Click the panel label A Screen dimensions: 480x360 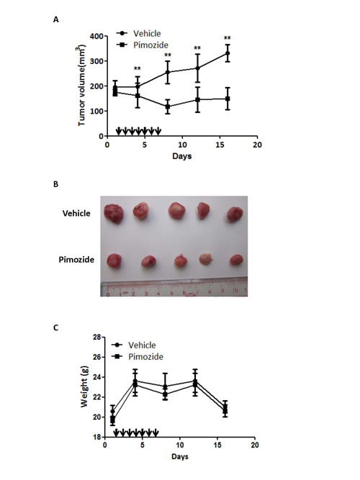coord(56,20)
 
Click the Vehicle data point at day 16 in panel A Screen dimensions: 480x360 coord(228,53)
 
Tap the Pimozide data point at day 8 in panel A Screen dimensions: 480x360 coord(167,107)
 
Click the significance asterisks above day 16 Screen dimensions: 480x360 coord(228,39)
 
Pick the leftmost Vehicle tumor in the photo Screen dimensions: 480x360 coord(113,212)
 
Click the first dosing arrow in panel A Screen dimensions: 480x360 coord(118,131)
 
